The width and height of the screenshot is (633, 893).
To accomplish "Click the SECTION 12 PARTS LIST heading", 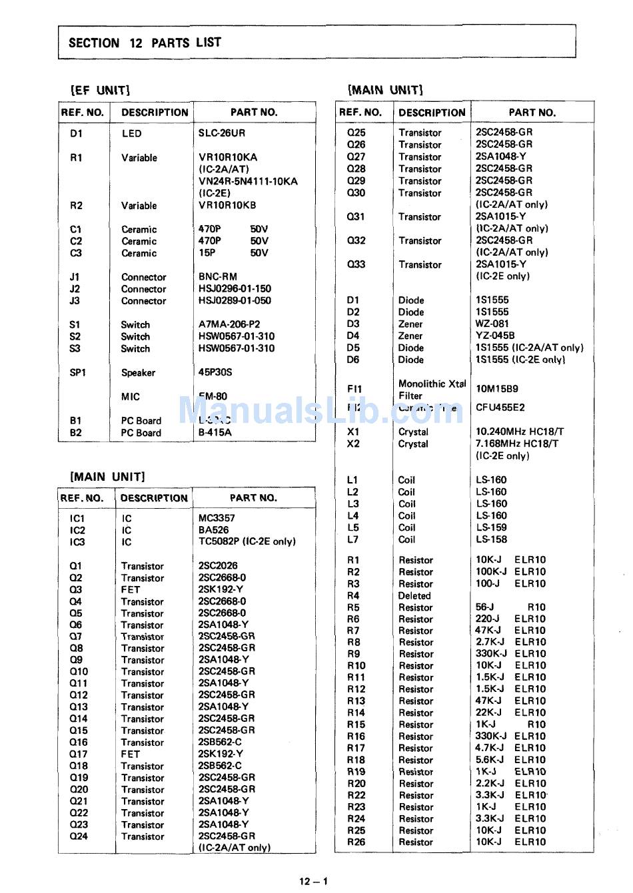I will click(x=145, y=43).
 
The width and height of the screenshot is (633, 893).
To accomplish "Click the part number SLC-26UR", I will click(x=221, y=133).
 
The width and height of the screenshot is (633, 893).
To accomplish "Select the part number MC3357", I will click(x=217, y=518).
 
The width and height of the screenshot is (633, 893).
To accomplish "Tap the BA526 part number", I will click(x=213, y=530).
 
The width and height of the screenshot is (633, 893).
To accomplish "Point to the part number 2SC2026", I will click(x=218, y=565).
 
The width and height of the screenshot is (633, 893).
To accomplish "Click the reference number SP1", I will click(x=78, y=373).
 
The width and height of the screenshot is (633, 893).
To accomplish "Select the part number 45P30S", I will click(x=215, y=372).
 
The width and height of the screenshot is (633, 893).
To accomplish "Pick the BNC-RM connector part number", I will click(x=217, y=276).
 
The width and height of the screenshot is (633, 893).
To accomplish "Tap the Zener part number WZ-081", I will click(x=492, y=324).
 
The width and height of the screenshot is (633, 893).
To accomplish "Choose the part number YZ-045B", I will click(x=495, y=336).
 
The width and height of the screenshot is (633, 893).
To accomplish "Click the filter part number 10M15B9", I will click(x=496, y=389).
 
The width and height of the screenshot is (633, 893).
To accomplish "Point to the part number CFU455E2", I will click(x=500, y=408).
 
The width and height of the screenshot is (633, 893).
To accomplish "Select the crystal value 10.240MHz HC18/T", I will click(x=520, y=432).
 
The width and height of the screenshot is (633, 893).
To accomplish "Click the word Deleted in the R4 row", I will click(x=414, y=596).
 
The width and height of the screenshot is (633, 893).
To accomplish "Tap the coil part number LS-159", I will click(x=491, y=527).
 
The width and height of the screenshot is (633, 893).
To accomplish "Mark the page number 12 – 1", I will click(x=313, y=882).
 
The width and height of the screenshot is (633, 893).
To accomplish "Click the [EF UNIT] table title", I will click(x=101, y=90).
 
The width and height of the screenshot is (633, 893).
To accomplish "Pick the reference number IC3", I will click(x=77, y=542).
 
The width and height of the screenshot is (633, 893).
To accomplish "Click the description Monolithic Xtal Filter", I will click(x=432, y=390).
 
